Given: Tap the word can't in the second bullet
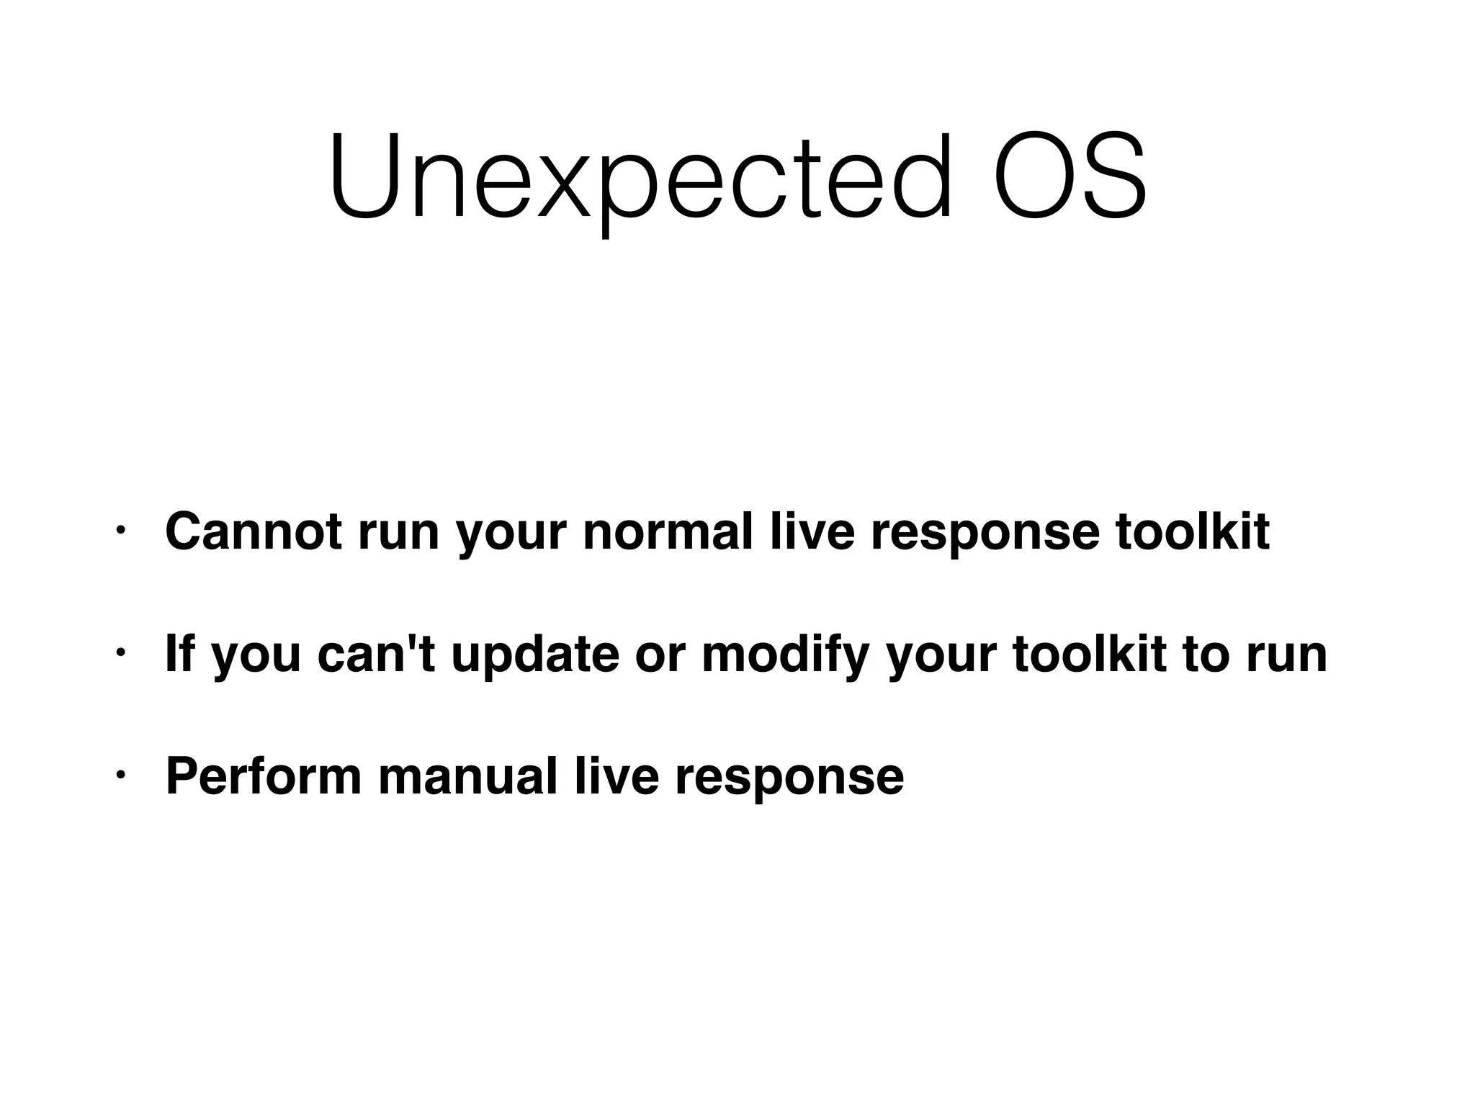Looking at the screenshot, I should point(376,654).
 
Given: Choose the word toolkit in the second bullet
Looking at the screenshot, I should point(1090,654).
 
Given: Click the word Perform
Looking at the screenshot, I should point(264,776).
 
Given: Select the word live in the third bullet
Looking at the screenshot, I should point(617,776).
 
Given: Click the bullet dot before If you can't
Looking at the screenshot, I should point(121,654).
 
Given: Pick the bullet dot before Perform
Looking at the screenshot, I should point(121,776).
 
